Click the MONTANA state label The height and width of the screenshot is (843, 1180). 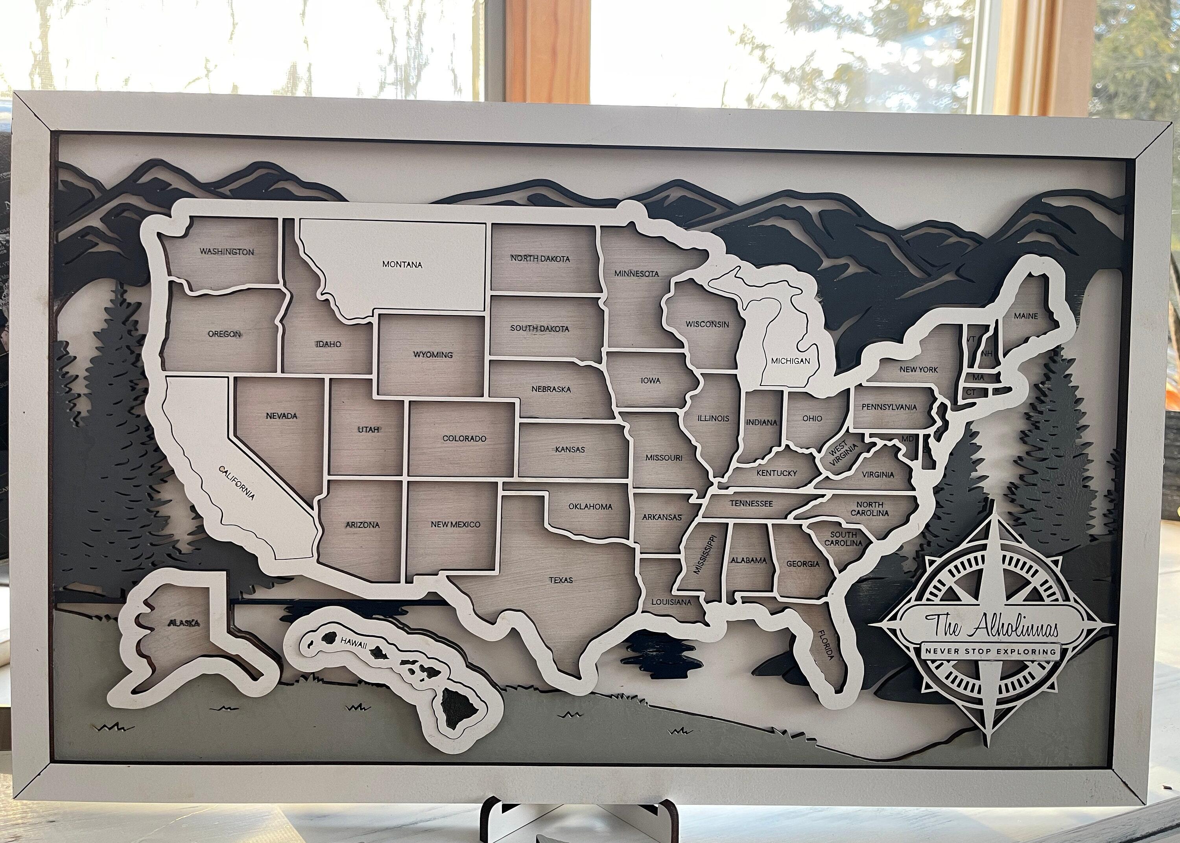402,265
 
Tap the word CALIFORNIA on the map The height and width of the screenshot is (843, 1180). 237,483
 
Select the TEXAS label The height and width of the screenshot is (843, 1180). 561,580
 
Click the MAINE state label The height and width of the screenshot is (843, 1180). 1026,315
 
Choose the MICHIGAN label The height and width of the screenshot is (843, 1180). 790,361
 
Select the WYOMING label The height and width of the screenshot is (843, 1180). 433,355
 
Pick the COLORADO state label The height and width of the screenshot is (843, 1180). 464,439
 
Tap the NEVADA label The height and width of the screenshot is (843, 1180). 281,416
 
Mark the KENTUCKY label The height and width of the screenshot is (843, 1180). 776,473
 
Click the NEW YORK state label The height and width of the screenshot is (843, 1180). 918,370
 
